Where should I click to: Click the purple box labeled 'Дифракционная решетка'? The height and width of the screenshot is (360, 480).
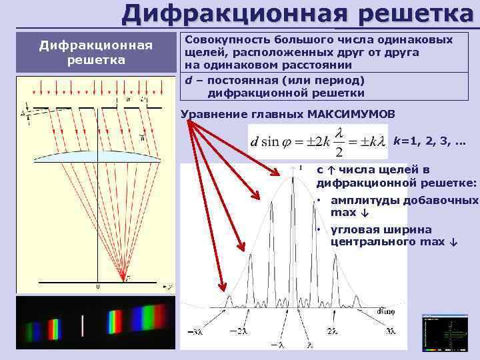point(96,53)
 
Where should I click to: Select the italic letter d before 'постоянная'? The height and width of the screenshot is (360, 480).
point(189,80)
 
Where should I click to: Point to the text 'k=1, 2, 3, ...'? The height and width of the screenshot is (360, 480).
point(429,142)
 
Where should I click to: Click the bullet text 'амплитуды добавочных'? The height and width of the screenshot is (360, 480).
point(404,201)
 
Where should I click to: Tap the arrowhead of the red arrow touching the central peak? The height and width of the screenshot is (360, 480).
point(280,175)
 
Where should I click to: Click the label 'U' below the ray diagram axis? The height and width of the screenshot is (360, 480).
point(97,287)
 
